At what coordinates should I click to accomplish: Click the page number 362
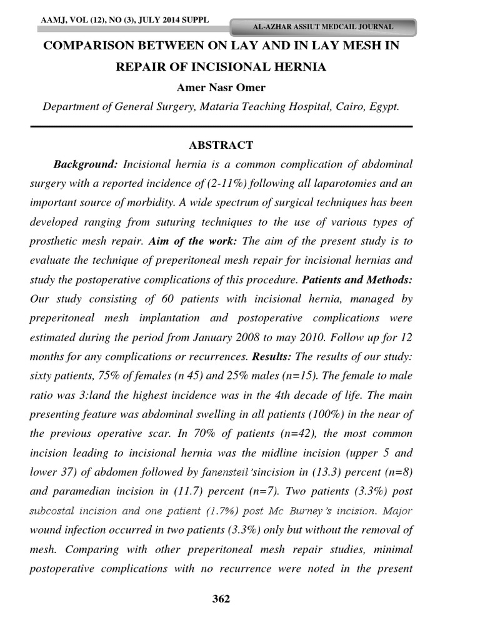(x=221, y=599)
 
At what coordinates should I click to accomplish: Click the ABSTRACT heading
(x=221, y=145)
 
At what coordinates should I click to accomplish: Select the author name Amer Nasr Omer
(x=221, y=87)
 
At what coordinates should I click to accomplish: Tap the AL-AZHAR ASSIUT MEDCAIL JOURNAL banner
(x=322, y=27)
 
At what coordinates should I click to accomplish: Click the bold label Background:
(x=86, y=165)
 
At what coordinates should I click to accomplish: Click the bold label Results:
(x=272, y=357)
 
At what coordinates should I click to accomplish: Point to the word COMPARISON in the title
(x=87, y=46)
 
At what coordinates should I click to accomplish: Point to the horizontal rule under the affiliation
(x=221, y=127)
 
